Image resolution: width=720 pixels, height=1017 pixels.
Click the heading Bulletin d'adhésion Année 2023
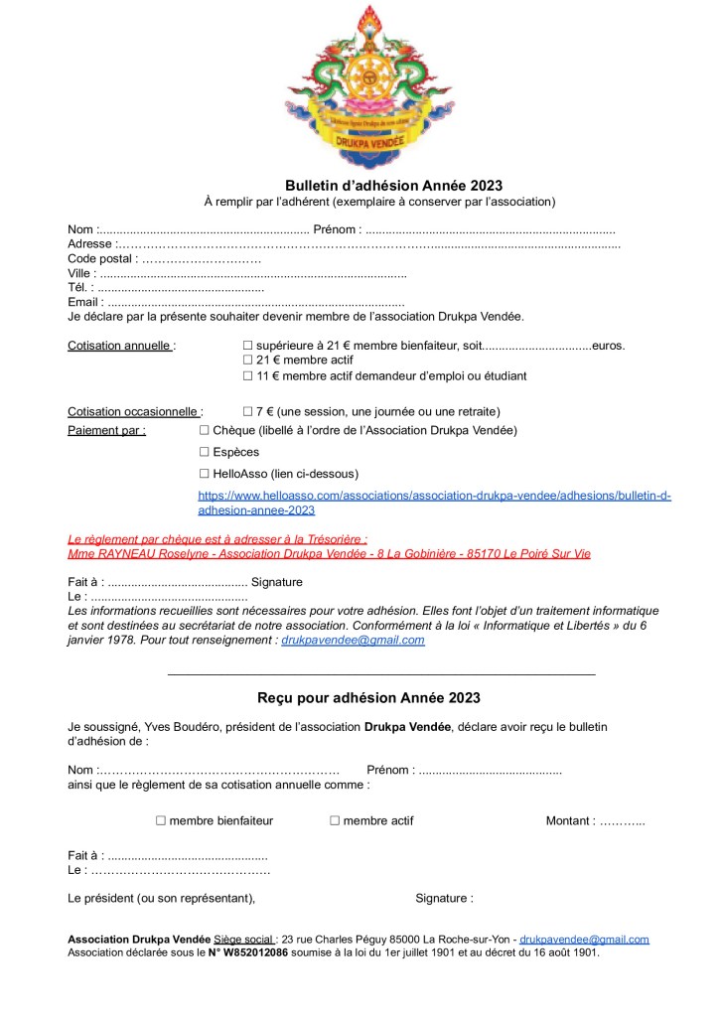pos(394,186)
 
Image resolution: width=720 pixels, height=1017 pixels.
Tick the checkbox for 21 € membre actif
pos(248,361)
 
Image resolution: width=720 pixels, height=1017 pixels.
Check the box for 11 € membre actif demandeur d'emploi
pos(248,376)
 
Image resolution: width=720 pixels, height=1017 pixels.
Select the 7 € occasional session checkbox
pos(248,411)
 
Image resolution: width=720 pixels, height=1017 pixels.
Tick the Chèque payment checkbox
pos(205,430)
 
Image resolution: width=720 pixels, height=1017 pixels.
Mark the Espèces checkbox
pos(205,452)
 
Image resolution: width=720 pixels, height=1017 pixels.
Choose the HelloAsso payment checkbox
pos(205,474)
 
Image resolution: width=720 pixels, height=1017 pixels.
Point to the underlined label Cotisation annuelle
pos(120,346)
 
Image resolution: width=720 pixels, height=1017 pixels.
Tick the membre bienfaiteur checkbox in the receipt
pos(161,821)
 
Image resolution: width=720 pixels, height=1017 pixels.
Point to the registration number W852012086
pos(255,951)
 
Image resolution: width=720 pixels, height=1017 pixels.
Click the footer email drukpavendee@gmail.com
pos(584,939)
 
